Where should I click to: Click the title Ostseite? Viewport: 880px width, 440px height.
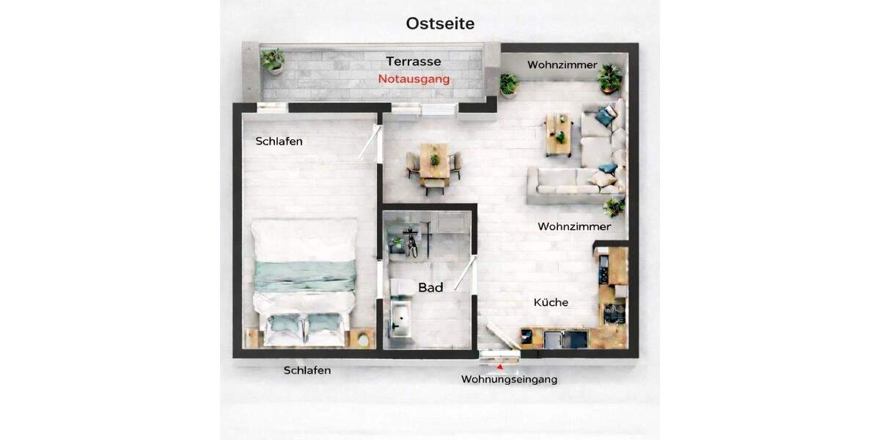[440, 23]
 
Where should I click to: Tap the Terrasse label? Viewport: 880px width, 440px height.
[414, 62]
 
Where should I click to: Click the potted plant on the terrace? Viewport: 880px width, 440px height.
[274, 59]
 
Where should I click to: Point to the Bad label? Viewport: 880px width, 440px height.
[430, 288]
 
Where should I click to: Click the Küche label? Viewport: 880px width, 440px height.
[551, 302]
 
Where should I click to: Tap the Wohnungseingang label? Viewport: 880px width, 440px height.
[509, 379]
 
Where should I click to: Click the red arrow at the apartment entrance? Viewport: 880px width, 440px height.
[500, 364]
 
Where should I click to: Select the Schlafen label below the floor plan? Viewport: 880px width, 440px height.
[307, 370]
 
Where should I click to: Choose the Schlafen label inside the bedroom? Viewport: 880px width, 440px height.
[279, 142]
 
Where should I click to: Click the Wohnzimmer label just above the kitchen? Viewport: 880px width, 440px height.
[573, 226]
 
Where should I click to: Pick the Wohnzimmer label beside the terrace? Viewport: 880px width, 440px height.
[562, 65]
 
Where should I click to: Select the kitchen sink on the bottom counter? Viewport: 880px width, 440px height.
[565, 339]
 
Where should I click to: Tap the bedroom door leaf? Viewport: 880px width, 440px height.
[368, 144]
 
